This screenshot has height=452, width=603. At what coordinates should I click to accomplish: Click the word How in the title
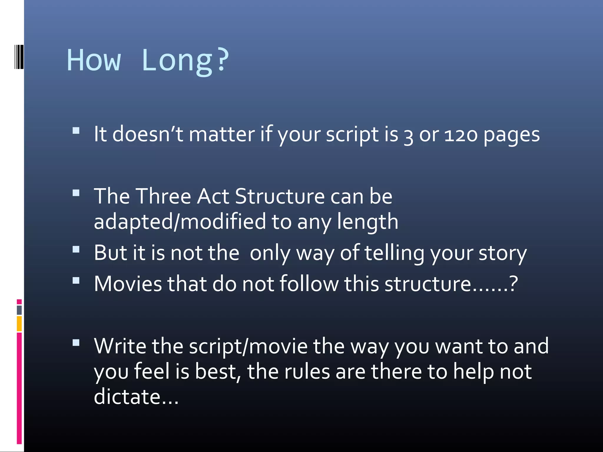pos(94,61)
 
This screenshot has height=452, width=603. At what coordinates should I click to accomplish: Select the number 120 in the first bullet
pos(460,135)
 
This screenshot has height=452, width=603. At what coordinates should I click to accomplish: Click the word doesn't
pos(148,134)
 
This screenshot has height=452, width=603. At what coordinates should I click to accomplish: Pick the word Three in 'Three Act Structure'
pos(164,196)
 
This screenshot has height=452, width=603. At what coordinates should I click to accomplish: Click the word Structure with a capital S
pos(279,196)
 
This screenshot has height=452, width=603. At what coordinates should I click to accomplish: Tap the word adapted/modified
pos(180,222)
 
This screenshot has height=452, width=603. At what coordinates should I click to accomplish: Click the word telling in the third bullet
pos(394,253)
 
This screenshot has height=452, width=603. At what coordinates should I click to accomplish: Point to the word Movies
pos(128,284)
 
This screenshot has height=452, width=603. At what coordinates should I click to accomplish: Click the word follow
pos(309,284)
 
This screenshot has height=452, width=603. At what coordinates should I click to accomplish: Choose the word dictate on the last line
pos(127,396)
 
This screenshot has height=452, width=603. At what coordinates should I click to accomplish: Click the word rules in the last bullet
pos(307,371)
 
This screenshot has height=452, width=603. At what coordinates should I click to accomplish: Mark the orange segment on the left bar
pos(19,323)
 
